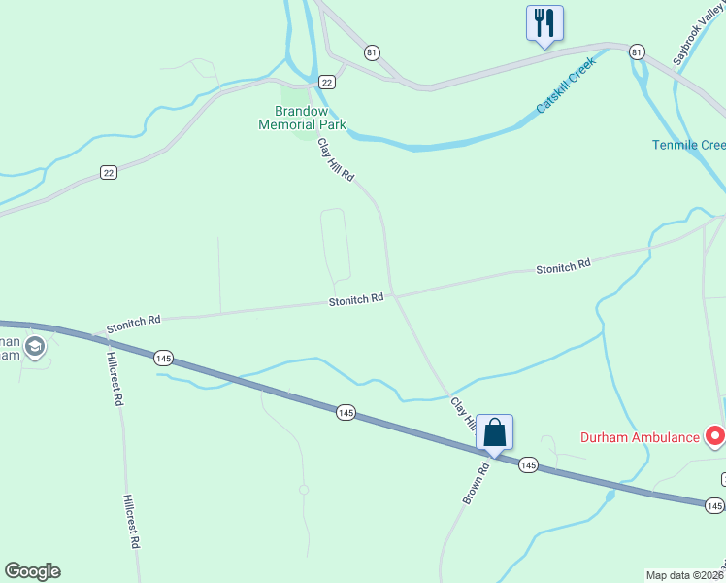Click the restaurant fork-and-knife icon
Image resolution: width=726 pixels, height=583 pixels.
pos(544,21)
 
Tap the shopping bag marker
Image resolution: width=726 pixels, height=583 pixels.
pos(494,432)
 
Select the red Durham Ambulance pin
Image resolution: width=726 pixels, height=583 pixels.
pos(716,436)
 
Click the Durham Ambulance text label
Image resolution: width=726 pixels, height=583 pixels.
pos(640,437)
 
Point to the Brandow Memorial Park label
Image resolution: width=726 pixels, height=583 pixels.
pos(302,118)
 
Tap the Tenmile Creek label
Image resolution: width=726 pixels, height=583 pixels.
pos(688,146)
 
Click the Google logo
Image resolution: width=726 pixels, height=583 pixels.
pos(32,571)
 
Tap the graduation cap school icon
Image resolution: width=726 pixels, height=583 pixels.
pos(35,347)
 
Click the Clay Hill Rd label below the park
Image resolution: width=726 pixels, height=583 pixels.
pos(337,161)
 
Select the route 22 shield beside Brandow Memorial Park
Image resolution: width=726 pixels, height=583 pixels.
pos(328,82)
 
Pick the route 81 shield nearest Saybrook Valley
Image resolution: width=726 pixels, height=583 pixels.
pos(636,51)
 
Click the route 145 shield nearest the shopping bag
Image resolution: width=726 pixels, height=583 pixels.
pos(527,465)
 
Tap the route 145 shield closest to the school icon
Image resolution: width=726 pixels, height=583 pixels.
pos(163,358)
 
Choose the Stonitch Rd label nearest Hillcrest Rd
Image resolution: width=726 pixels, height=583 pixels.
pos(134,319)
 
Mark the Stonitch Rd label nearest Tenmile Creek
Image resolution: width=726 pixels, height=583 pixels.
pos(563,266)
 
